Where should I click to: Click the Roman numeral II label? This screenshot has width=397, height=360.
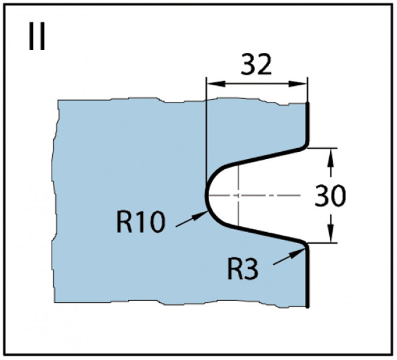(x=37, y=36)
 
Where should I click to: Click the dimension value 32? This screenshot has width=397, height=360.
(x=256, y=64)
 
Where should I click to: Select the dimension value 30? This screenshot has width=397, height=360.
(x=330, y=196)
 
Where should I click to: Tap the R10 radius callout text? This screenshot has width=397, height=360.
(x=141, y=222)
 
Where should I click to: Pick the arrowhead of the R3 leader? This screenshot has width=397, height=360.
(x=299, y=253)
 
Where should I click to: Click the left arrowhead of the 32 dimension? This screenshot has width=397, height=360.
(x=215, y=84)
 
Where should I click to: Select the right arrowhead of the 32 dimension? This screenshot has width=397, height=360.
(x=299, y=84)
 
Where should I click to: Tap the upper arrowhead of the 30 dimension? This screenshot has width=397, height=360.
(x=330, y=157)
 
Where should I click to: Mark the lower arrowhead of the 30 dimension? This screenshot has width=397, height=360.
(x=330, y=233)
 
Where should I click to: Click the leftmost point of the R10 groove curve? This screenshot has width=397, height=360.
(x=206, y=196)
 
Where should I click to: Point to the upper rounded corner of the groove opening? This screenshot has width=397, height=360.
(x=306, y=147)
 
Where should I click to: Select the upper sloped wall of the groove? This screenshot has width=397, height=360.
(x=263, y=157)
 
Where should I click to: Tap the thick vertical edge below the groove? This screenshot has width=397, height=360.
(x=308, y=278)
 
